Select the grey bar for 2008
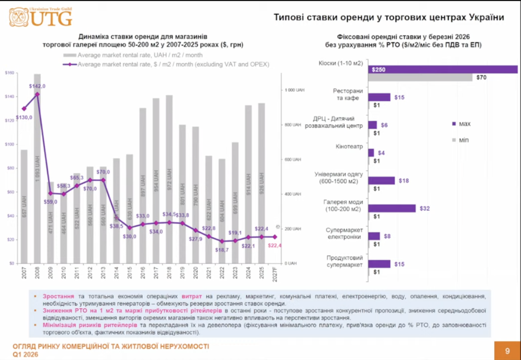37,169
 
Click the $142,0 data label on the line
38,86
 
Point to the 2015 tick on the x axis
130,273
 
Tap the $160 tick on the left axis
9,73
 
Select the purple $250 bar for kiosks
443,69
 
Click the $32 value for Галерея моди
424,208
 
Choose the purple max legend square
454,124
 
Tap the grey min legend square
454,140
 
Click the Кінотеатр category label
349,147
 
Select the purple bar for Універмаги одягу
382,180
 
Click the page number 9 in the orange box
507,351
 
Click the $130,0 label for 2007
25,117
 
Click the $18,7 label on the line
221,250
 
